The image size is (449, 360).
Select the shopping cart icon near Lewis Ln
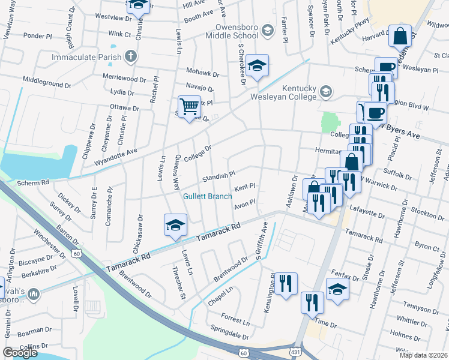click(189, 106)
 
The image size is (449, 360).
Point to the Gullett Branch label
click(208, 196)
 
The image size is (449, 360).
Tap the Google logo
click(20, 353)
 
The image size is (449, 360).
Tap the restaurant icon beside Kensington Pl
click(286, 284)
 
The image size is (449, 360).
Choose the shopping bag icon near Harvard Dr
click(400, 36)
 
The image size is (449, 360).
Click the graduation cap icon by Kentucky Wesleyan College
click(325, 92)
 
